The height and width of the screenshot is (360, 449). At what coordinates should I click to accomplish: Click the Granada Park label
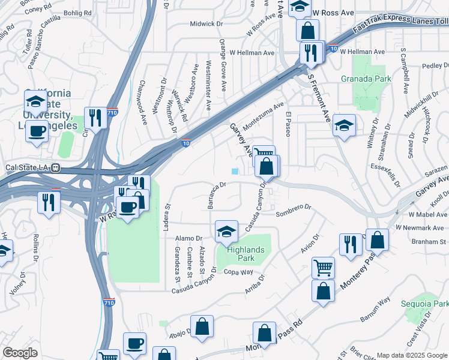point(366,79)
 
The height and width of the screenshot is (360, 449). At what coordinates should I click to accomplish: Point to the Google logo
point(20,353)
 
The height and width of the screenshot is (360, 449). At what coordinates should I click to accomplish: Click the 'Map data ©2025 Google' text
point(412,355)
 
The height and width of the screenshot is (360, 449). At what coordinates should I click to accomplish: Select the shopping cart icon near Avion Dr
point(323,268)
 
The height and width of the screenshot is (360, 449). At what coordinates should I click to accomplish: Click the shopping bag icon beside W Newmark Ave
point(377,239)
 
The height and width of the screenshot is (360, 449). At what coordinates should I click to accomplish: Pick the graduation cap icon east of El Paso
point(343,125)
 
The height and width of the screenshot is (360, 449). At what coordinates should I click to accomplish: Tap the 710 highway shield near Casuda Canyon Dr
point(109,303)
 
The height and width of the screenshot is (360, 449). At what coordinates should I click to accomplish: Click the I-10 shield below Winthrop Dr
point(187,144)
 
